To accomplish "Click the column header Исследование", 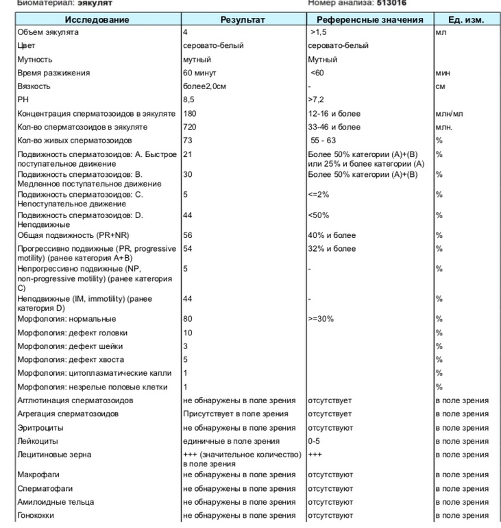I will coord(97,20).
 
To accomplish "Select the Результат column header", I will coord(242,20).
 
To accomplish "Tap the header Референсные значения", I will coord(369,20).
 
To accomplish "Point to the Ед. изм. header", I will coord(465,20).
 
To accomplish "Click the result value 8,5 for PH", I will coord(189,99).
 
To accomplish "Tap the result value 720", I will coord(190,127).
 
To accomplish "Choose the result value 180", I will coord(190,113).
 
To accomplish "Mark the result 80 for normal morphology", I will coord(188,319).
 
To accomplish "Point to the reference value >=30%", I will coord(322,319).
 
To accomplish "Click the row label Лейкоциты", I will coord(38,441).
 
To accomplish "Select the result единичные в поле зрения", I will coord(231,441).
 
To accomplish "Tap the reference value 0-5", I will coord(315,441).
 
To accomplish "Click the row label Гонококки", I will coord(35,515).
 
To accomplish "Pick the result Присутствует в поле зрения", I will coord(235,413).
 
